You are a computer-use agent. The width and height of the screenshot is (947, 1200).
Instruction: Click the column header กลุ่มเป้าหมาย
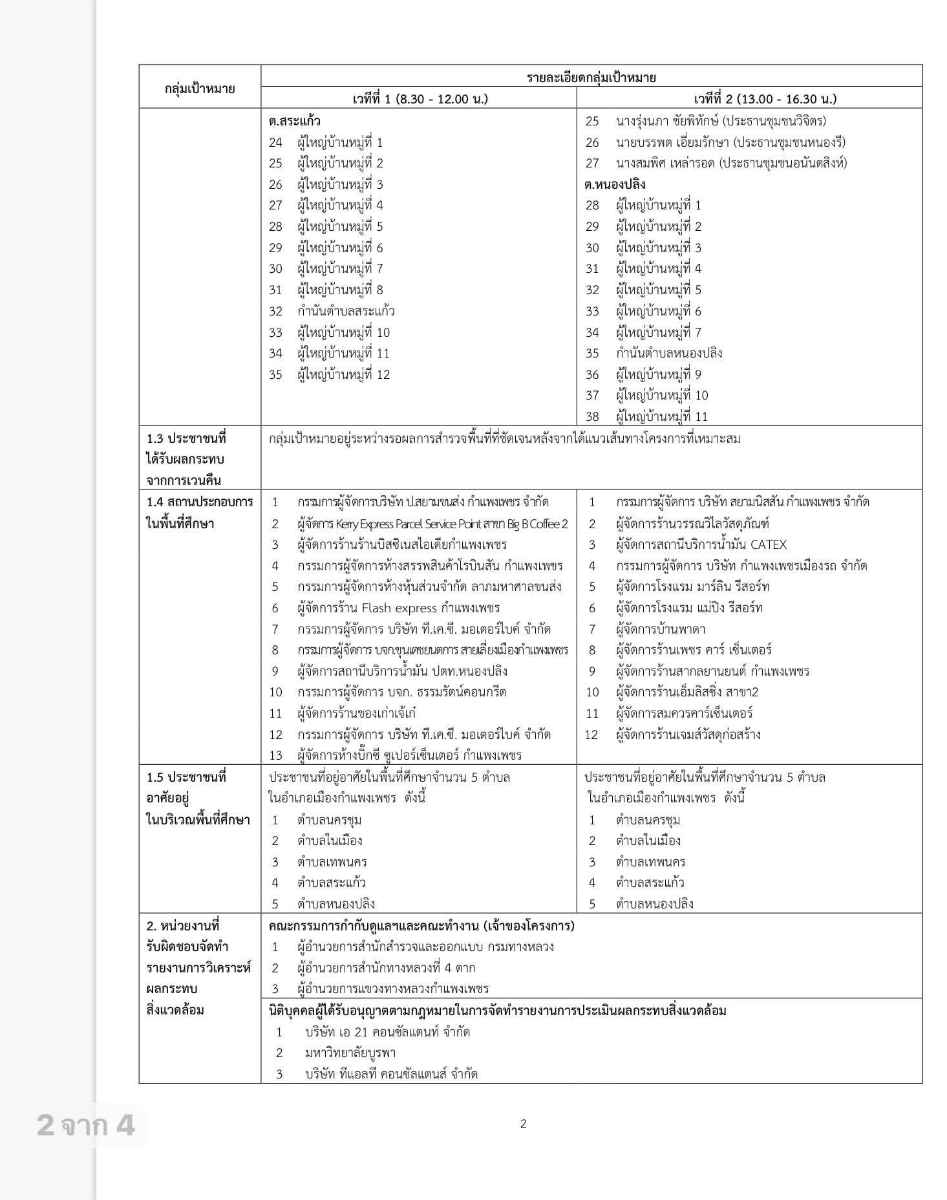(x=199, y=89)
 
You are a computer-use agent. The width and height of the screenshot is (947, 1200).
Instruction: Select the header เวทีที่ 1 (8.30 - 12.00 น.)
(x=420, y=99)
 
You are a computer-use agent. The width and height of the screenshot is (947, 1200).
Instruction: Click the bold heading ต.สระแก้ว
(x=295, y=121)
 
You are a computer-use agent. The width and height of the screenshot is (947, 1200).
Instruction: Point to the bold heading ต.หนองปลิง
(x=615, y=184)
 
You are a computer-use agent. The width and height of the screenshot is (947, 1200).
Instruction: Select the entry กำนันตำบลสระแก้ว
(x=346, y=311)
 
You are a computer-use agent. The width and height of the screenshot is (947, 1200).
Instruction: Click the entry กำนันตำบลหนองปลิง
(x=668, y=353)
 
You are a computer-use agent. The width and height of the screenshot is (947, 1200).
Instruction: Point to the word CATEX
(x=768, y=544)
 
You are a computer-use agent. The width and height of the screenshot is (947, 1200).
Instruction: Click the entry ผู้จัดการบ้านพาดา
(x=660, y=629)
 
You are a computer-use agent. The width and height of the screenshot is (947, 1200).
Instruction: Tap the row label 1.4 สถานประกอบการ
(x=199, y=502)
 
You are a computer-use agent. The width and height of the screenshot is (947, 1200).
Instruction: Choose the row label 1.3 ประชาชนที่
(x=187, y=438)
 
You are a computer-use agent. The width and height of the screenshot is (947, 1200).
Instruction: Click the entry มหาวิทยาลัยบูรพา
(x=350, y=1053)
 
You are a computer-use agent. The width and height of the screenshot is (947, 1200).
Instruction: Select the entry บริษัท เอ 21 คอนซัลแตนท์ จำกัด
(x=387, y=1032)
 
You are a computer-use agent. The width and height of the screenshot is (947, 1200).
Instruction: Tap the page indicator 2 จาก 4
(x=86, y=1125)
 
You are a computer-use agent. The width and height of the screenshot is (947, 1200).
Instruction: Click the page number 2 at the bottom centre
(x=524, y=1124)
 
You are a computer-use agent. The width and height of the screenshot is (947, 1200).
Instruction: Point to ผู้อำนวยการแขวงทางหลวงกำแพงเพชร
(x=392, y=989)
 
